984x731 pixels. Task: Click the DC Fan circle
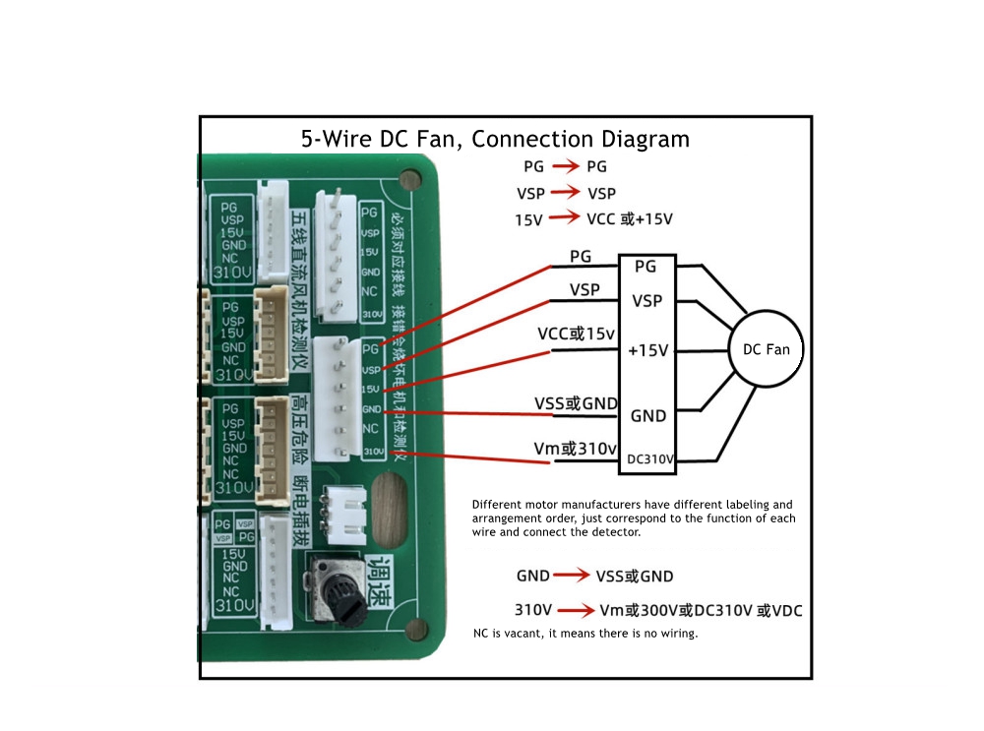767,349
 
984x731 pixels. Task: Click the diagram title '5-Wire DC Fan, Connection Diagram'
495,139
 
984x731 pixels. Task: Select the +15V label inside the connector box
647,350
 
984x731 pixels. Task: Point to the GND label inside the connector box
647,415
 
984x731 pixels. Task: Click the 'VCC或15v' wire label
576,334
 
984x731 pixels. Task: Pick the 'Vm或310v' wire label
575,449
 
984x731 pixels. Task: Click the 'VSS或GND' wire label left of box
576,402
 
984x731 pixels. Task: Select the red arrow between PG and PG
565,167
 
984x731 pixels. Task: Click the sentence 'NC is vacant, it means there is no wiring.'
585,634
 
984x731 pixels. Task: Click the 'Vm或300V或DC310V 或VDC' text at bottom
700,611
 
